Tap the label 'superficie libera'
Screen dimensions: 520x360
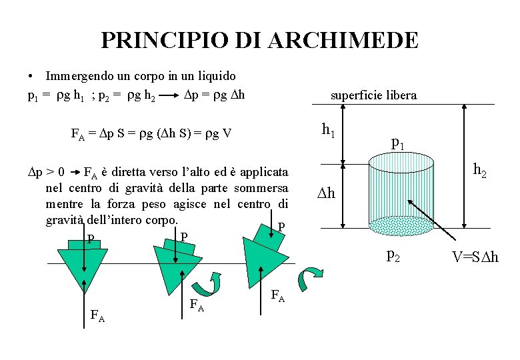[x=374, y=95]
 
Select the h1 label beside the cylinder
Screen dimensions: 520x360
[x=328, y=131]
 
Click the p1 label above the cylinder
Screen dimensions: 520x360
[x=398, y=141]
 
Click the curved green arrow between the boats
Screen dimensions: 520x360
[x=216, y=283]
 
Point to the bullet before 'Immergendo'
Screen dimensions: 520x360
[x=31, y=77]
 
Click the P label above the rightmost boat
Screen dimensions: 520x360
[x=281, y=227]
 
